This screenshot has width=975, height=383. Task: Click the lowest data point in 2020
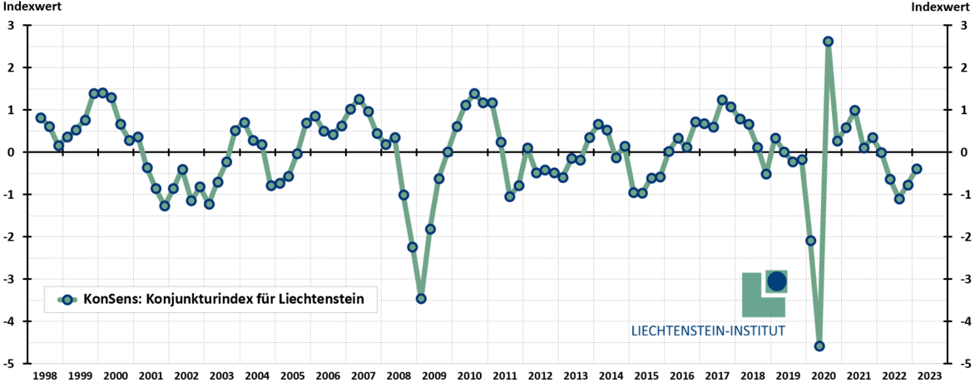click(x=819, y=346)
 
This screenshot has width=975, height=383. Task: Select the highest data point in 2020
click(x=828, y=42)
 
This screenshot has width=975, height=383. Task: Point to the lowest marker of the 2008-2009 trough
click(x=421, y=298)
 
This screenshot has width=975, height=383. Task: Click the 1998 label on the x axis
click(x=45, y=376)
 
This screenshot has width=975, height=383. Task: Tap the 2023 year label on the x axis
click(x=930, y=376)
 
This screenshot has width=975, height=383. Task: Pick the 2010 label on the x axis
click(x=470, y=376)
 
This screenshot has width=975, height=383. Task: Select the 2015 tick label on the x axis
click(x=646, y=376)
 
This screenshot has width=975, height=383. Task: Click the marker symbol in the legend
click(x=67, y=298)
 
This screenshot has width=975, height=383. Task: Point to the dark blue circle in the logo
click(x=776, y=281)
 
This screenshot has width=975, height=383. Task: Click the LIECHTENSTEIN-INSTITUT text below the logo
click(x=709, y=331)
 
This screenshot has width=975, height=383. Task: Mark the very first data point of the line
click(x=41, y=118)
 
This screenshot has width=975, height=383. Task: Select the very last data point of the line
click(x=917, y=169)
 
